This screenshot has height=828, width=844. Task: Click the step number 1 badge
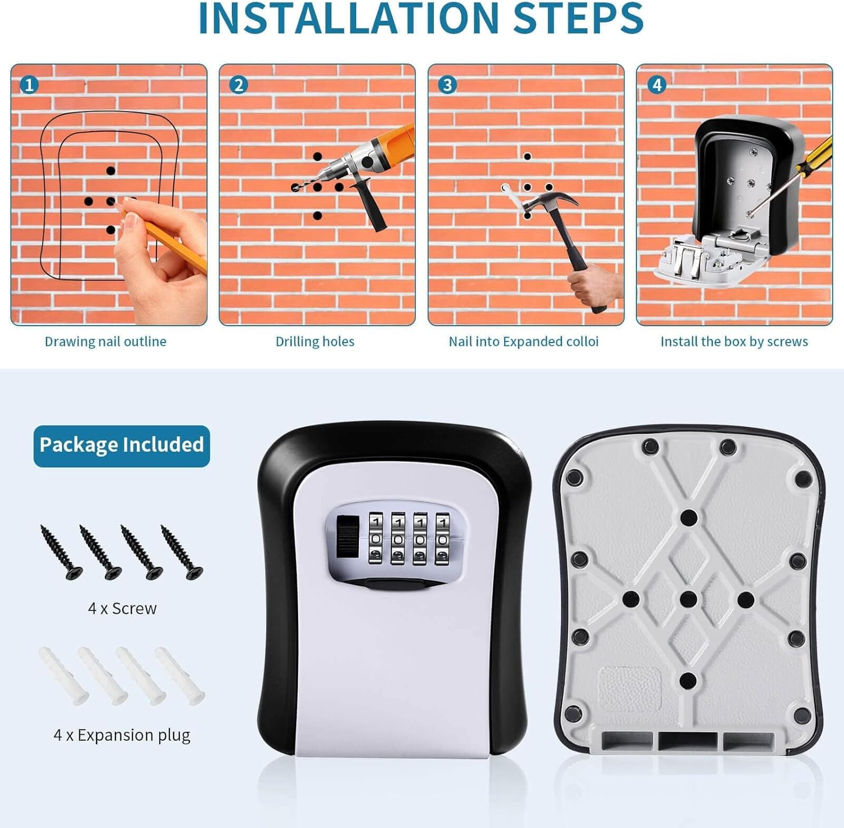click(x=29, y=85)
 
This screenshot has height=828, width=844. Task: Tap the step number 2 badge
click(x=239, y=85)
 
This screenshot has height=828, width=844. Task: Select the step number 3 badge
click(x=447, y=85)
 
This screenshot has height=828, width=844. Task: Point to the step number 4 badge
click(x=657, y=85)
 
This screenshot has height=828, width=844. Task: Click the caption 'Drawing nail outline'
click(x=106, y=341)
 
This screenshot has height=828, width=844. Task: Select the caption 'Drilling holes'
click(x=315, y=341)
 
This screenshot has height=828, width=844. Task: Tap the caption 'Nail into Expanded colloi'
click(x=523, y=341)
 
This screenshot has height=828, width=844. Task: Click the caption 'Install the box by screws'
click(x=734, y=341)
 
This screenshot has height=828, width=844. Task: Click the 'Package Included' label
click(x=122, y=445)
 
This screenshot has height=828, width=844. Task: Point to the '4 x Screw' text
click(x=122, y=608)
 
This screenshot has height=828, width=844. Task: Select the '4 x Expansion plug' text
click(x=122, y=735)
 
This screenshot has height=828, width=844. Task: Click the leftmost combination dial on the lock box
click(x=376, y=538)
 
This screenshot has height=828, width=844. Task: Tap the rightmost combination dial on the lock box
click(x=442, y=538)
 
